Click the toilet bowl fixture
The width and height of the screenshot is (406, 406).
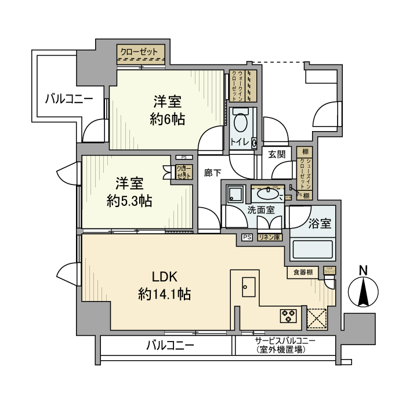click(240, 124)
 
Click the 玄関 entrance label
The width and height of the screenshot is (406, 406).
click(277, 154)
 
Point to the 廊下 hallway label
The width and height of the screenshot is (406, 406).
click(213, 172)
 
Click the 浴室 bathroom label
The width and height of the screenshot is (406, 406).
click(320, 223)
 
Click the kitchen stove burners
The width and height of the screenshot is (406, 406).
click(288, 316)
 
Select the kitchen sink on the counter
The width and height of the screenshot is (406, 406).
click(248, 286)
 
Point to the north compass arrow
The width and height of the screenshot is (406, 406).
click(363, 293)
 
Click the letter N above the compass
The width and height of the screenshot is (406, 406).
click(363, 270)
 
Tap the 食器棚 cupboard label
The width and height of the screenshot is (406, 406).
click(303, 273)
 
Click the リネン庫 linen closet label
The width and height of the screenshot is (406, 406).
click(269, 237)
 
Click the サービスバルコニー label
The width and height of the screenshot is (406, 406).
click(285, 341)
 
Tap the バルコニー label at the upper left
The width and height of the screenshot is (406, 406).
click(70, 99)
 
